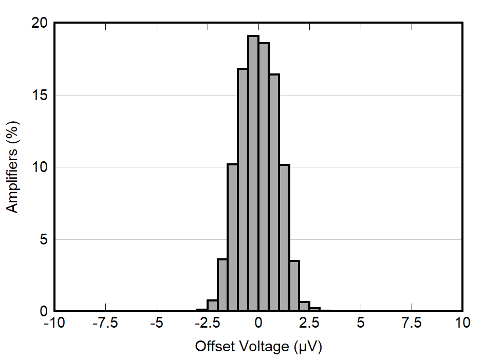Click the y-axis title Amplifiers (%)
pyautogui.click(x=13, y=166)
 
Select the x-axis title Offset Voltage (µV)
pyautogui.click(x=258, y=347)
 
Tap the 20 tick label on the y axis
pyautogui.click(x=40, y=23)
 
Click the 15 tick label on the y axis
pyautogui.click(x=40, y=96)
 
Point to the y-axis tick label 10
pyautogui.click(x=40, y=167)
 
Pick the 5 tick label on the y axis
pyautogui.click(x=44, y=240)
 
